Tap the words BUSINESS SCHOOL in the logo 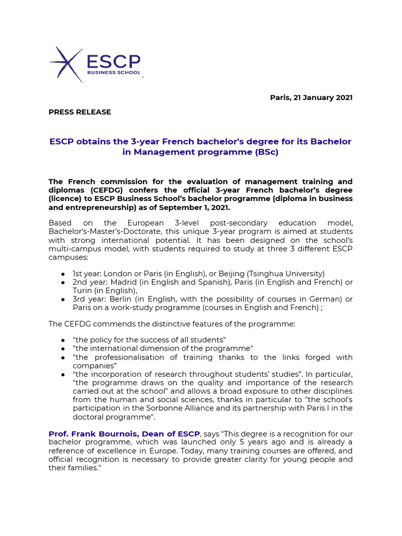pos(114,73)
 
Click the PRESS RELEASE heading pos(80,112)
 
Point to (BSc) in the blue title pos(266,152)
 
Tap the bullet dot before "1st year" pos(63,274)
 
